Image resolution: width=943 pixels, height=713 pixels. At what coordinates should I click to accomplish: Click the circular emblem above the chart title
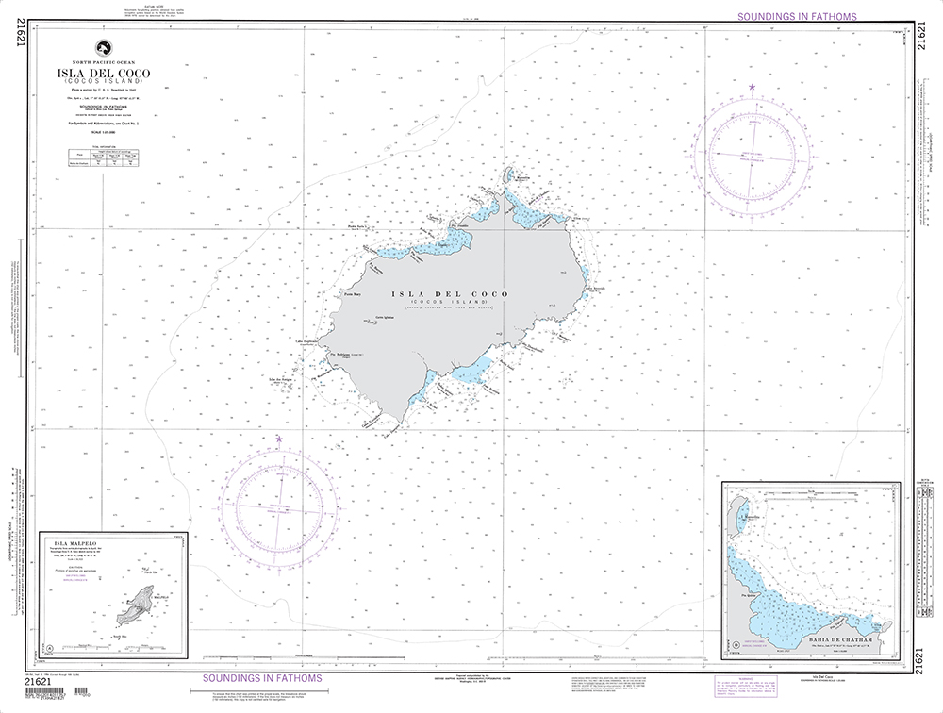coord(102,49)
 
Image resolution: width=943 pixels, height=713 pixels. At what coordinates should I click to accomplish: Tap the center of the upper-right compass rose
coord(753,155)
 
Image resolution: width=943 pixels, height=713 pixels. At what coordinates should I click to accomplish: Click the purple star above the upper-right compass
coord(753,88)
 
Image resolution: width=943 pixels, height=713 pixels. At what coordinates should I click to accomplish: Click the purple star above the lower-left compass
coord(279,439)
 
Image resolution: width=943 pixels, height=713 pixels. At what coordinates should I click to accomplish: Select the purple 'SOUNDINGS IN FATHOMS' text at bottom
coord(263,678)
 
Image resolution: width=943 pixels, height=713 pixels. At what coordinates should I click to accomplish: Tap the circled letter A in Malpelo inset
coord(48,650)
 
